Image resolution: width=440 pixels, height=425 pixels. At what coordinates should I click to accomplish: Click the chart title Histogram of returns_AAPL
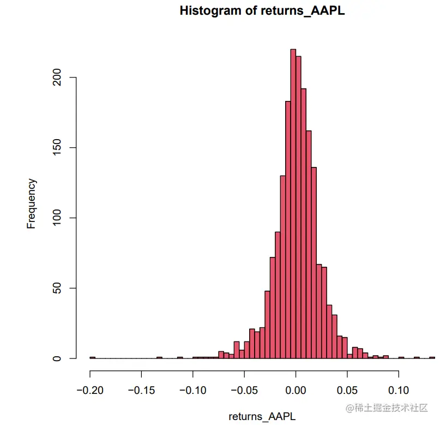[262, 10]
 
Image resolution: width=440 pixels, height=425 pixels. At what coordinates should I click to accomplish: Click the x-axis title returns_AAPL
[262, 416]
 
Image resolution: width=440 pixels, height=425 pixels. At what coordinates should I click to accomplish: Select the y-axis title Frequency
[32, 203]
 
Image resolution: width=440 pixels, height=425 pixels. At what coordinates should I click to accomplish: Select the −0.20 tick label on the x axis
[89, 391]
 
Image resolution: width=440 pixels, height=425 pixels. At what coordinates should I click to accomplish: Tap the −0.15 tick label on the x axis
[141, 391]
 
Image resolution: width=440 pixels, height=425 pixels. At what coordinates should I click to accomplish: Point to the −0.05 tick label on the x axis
[244, 391]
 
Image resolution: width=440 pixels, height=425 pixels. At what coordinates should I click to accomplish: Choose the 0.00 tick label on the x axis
[296, 391]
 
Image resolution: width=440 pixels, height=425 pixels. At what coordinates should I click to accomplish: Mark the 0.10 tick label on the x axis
[399, 391]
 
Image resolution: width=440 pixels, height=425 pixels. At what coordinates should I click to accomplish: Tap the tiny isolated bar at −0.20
[92, 357]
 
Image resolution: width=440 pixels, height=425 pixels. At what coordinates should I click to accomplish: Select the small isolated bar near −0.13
[159, 357]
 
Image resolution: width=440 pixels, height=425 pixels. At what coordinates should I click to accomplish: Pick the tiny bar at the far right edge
[432, 357]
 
